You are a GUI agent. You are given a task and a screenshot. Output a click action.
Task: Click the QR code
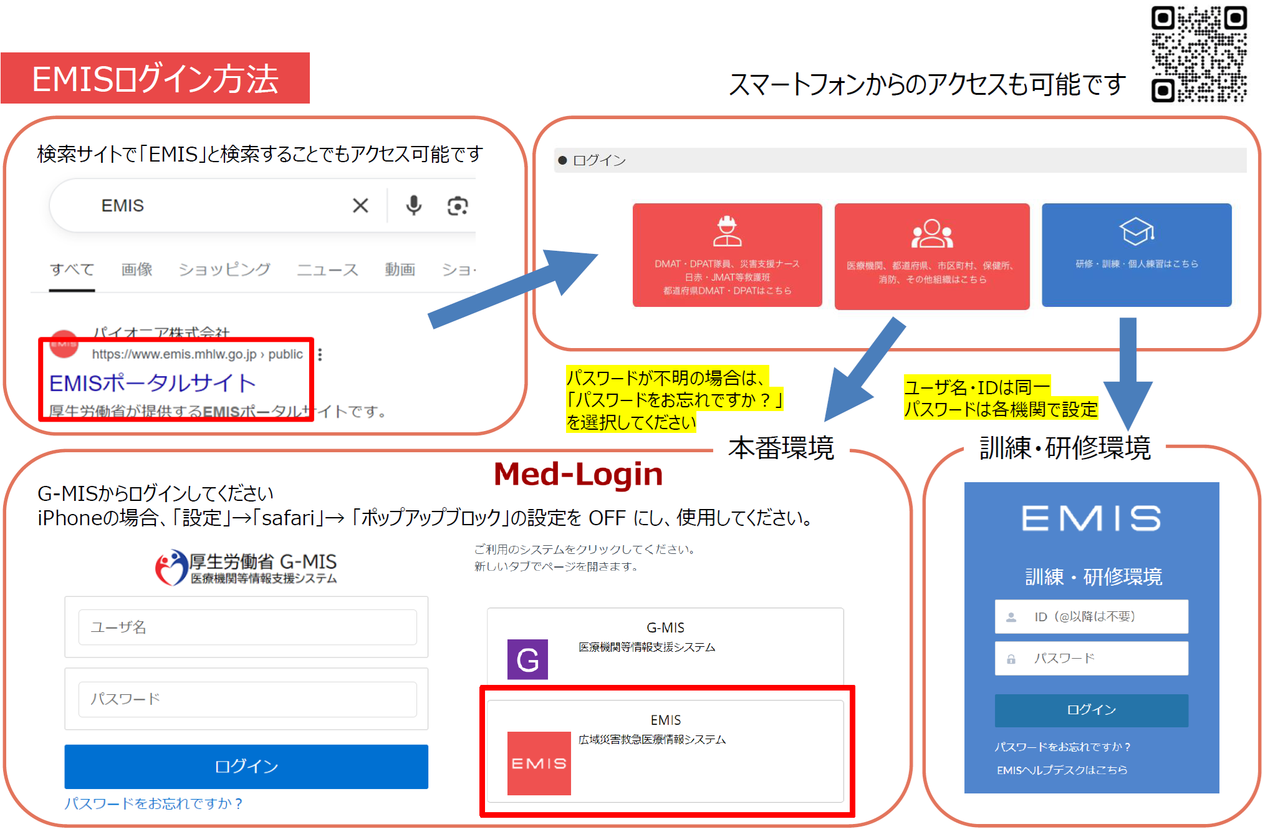(1198, 54)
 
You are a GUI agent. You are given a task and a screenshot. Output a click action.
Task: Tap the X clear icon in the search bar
(360, 205)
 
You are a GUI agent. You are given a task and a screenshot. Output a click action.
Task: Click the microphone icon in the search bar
(413, 205)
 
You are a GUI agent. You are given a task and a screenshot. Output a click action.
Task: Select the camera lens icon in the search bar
(458, 206)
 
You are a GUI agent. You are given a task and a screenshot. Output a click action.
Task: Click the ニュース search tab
(327, 269)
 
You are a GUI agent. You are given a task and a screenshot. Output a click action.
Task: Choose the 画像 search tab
(137, 269)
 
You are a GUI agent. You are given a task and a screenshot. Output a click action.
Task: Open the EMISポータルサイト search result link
(153, 383)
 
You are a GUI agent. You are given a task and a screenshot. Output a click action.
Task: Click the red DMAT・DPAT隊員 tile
(727, 255)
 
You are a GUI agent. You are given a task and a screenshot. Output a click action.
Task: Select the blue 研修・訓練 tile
(1136, 255)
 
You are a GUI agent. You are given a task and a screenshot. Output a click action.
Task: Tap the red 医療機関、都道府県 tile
(931, 256)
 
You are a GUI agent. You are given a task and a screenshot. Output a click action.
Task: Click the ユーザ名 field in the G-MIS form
(247, 627)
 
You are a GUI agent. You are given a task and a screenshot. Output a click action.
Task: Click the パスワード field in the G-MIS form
(247, 699)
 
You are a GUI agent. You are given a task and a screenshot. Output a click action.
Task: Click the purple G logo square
(527, 659)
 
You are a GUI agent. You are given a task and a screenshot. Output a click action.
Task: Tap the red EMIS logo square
(539, 763)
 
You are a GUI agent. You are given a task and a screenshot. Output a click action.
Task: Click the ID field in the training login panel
(1091, 617)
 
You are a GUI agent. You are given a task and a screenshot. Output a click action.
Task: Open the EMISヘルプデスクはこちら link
(1062, 770)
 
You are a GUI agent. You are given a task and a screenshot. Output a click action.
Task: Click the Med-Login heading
(578, 474)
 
